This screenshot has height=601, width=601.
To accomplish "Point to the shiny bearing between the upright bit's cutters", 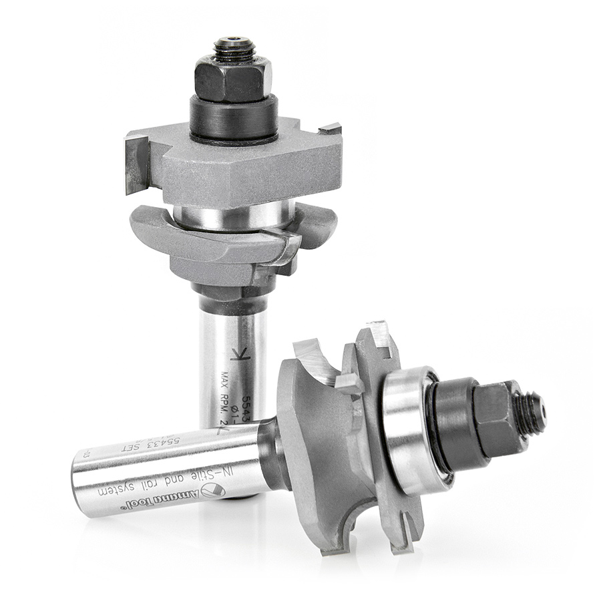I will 233,215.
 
